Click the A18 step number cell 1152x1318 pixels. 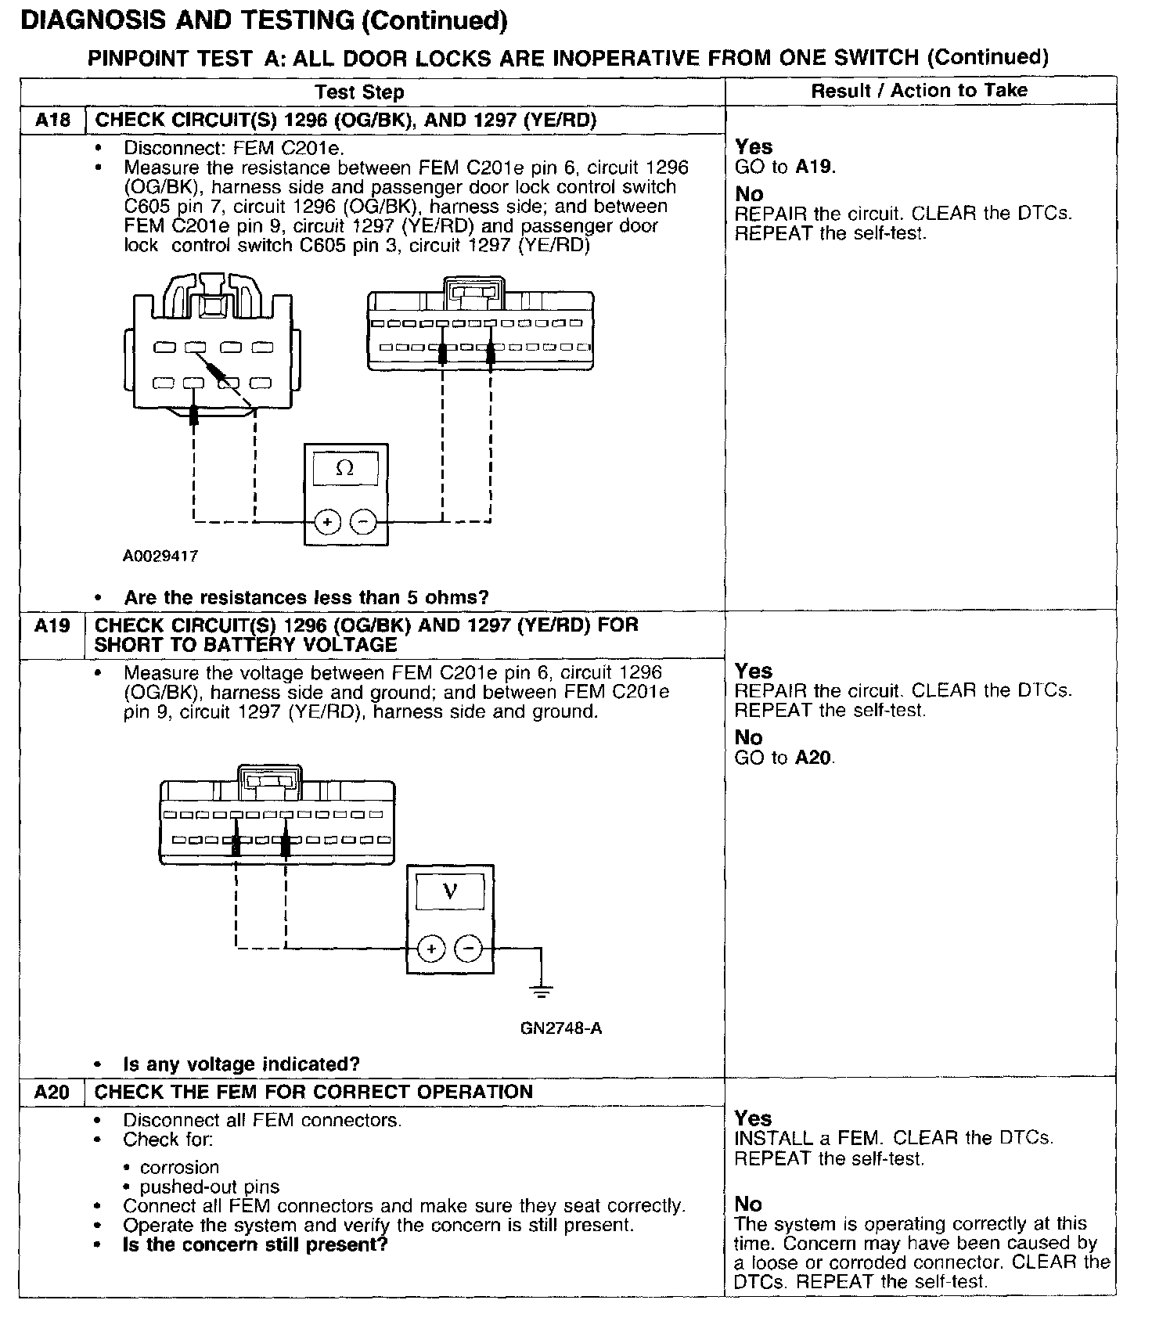[52, 121]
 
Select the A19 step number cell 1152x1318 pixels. [52, 626]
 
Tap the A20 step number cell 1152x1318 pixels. [52, 1093]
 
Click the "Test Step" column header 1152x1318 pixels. [359, 92]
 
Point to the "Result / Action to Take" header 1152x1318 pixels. [919, 91]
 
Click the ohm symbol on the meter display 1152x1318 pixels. [344, 469]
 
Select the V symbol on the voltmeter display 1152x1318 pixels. [450, 891]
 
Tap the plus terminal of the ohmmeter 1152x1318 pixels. [328, 521]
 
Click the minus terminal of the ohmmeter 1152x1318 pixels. [362, 521]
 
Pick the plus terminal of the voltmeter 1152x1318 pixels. [431, 949]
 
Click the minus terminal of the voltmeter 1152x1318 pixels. [468, 949]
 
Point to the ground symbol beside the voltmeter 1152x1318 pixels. [541, 991]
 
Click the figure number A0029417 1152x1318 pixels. [160, 556]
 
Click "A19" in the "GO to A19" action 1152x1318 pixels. [814, 167]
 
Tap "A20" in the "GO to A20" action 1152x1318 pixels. [814, 758]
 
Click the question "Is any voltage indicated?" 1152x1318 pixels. [241, 1064]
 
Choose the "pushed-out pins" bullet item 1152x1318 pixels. [210, 1187]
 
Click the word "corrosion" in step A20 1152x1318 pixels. [180, 1168]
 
